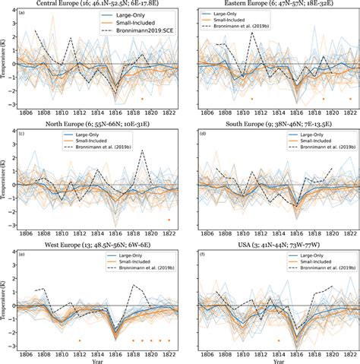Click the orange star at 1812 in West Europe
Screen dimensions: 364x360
coord(78,340)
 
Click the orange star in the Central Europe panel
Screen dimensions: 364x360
coord(142,99)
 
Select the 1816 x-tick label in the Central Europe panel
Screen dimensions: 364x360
coord(115,112)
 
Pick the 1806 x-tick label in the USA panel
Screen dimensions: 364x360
coord(204,352)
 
